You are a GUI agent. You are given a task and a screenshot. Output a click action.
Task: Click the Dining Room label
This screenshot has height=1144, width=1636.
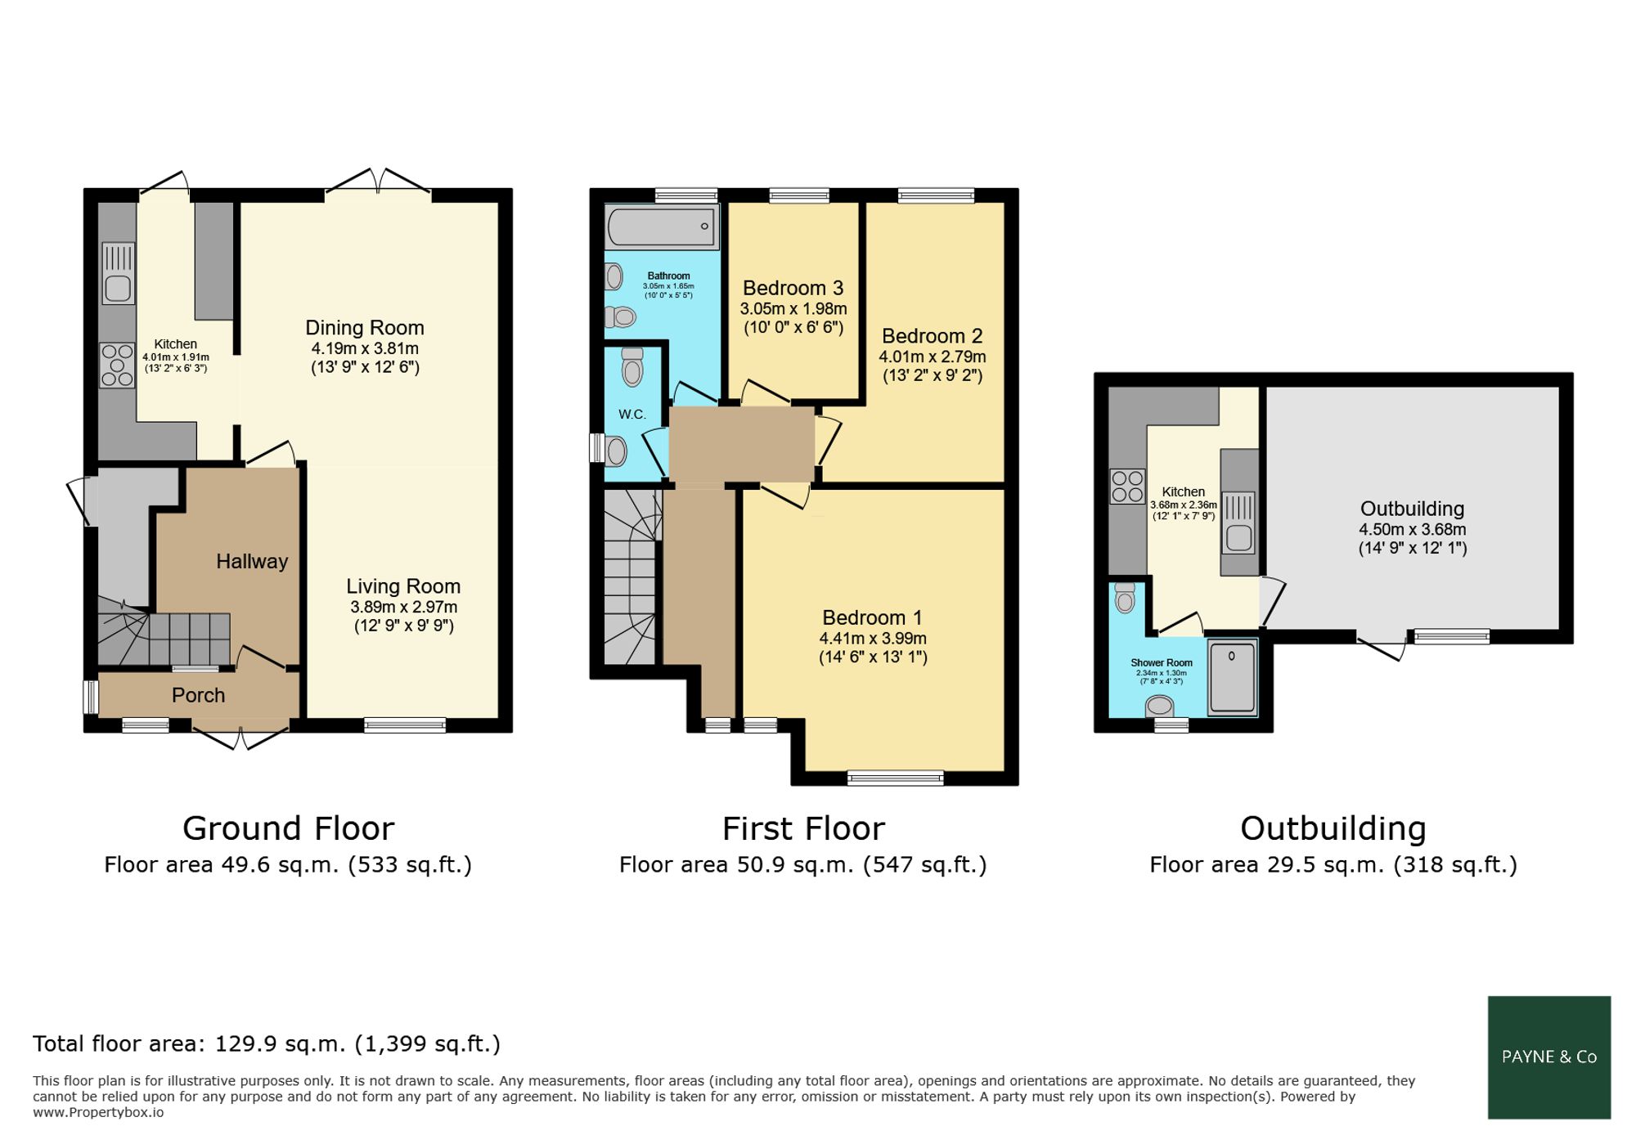click(x=365, y=328)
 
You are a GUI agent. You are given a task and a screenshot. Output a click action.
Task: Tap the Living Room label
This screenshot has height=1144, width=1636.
click(x=403, y=586)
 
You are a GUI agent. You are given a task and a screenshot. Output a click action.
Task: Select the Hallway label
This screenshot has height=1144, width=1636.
click(x=252, y=562)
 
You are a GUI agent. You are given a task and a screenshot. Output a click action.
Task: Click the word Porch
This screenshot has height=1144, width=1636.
click(x=198, y=695)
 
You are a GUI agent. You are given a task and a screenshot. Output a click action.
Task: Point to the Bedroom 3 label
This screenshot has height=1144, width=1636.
click(x=793, y=288)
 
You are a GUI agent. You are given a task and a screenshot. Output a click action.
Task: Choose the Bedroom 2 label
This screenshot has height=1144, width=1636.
click(x=932, y=336)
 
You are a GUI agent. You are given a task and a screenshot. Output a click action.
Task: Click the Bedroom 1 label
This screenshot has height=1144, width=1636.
click(x=872, y=617)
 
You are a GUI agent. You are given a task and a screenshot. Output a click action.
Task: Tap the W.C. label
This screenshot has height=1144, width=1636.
click(x=632, y=415)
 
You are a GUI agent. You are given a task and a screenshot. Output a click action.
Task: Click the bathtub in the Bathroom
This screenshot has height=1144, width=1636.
click(x=662, y=226)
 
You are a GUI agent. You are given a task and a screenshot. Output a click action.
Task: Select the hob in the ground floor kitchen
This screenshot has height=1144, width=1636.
click(x=117, y=365)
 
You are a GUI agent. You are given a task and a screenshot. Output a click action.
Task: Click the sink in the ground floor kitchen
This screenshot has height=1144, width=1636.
click(x=118, y=273)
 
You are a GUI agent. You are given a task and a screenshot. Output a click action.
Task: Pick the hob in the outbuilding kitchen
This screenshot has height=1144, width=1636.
click(x=1127, y=486)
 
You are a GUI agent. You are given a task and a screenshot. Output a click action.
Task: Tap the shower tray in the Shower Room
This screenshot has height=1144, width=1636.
click(x=1232, y=678)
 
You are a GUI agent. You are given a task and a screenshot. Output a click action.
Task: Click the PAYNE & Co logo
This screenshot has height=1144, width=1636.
click(x=1549, y=1057)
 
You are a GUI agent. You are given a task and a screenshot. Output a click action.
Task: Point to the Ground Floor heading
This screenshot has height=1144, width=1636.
click(x=288, y=828)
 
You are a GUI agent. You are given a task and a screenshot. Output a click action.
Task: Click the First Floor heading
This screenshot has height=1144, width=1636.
click(x=803, y=828)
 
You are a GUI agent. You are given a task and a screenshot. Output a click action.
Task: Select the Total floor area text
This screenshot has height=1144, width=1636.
click(x=267, y=1044)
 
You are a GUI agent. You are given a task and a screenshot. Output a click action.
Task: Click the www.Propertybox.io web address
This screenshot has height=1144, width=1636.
click(x=98, y=1113)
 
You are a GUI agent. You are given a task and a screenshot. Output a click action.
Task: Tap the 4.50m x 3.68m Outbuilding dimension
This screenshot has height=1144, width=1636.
click(x=1413, y=529)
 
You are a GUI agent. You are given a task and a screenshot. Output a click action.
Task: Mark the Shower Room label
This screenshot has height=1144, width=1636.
click(x=1162, y=663)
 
